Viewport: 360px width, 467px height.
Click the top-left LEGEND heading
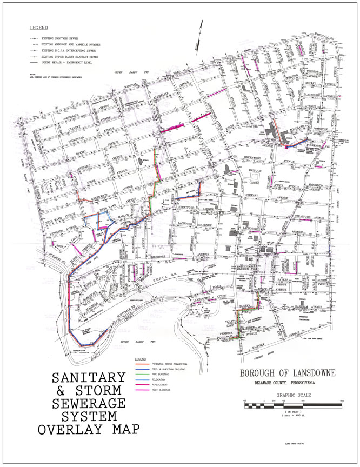click(x=39, y=27)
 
